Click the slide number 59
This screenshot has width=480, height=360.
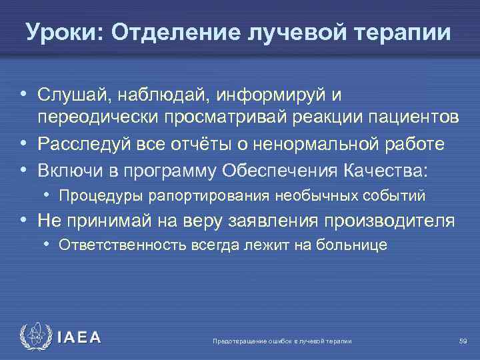(463, 341)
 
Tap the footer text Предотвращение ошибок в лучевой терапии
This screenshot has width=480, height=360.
(281, 341)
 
